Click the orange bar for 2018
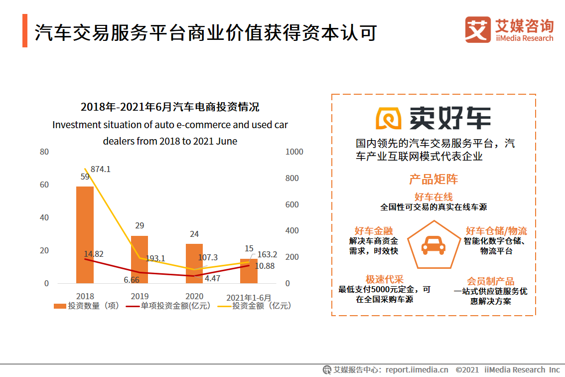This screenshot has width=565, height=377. (x=85, y=235)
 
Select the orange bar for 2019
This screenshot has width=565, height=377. (x=140, y=259)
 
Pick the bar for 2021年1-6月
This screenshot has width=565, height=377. (x=249, y=271)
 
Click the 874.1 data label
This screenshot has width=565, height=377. (x=101, y=169)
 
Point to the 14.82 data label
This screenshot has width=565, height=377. (x=94, y=254)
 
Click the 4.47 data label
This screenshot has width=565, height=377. (x=213, y=278)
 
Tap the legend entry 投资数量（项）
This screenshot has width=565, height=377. (x=87, y=306)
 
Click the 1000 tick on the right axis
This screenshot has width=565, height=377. (x=294, y=152)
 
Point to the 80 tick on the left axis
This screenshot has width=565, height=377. (x=44, y=152)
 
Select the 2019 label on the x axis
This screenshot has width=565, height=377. (x=140, y=296)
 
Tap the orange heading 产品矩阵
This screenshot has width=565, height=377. (x=433, y=179)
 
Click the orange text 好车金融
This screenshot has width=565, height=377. (x=374, y=231)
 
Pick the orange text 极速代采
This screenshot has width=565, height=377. (x=384, y=279)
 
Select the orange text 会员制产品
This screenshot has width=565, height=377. (x=490, y=281)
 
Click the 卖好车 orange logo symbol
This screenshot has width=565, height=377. (x=389, y=118)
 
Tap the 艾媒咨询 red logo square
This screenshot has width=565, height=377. (x=478, y=29)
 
